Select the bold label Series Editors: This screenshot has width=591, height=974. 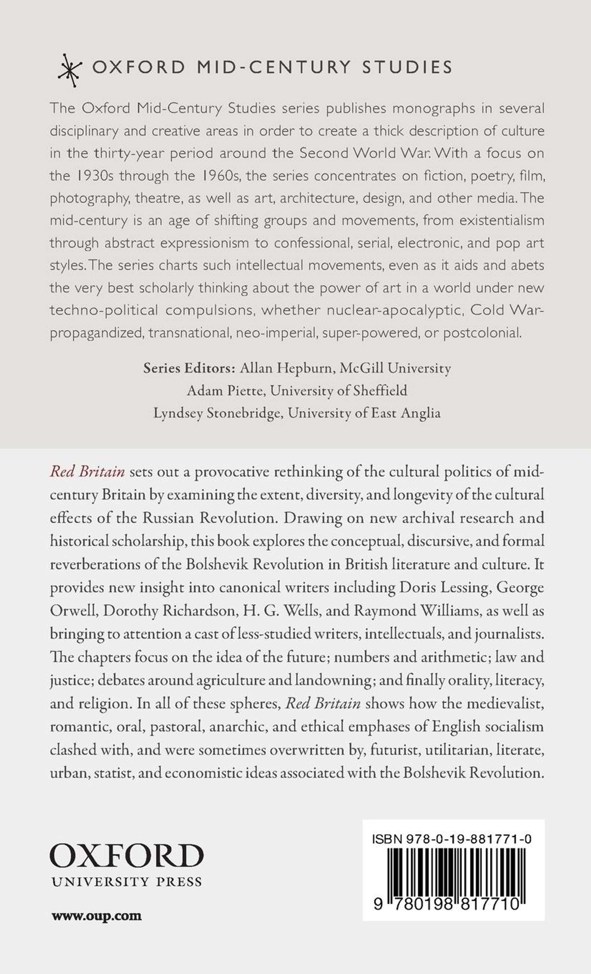(189, 368)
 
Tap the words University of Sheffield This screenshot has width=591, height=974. (339, 391)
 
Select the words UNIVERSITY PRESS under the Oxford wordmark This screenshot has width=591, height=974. (126, 882)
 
